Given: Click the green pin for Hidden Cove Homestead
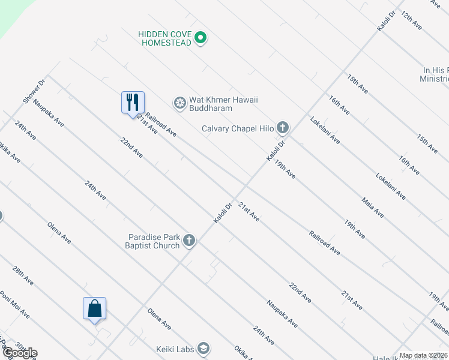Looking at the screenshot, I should (x=201, y=38).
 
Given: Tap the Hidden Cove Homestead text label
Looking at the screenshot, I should (x=164, y=38).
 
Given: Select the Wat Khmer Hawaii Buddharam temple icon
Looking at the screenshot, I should (x=179, y=103).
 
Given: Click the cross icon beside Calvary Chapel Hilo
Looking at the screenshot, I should (x=283, y=128).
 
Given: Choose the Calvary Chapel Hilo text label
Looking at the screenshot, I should (x=238, y=128).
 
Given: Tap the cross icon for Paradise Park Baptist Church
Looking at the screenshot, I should (x=189, y=241).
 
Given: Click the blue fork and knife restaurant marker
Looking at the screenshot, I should (x=133, y=103).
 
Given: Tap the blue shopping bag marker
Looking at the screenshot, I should (x=94, y=309).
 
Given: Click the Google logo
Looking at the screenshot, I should (x=19, y=353).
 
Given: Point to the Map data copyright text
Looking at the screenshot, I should (x=424, y=355).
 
